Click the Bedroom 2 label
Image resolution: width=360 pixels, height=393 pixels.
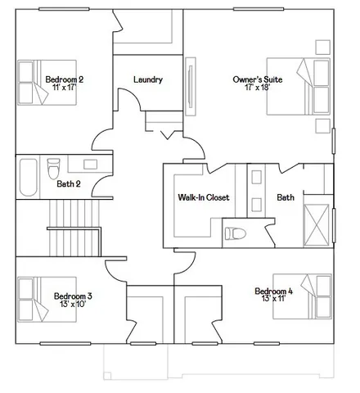pyautogui.click(x=64, y=79)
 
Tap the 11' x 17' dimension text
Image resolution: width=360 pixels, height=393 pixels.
pyautogui.click(x=64, y=87)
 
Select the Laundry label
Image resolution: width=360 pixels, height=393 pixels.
pyautogui.click(x=147, y=80)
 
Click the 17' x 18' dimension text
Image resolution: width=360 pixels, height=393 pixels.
pyautogui.click(x=256, y=88)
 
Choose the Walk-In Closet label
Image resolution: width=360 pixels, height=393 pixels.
pyautogui.click(x=203, y=198)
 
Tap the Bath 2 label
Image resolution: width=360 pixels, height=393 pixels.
pyautogui.click(x=69, y=184)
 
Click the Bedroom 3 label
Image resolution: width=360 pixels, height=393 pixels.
pyautogui.click(x=73, y=296)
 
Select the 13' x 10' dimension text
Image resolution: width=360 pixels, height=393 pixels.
pyautogui.click(x=73, y=304)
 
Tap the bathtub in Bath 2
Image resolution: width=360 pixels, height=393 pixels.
pyautogui.click(x=28, y=178)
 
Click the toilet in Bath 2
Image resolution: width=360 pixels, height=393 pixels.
pyautogui.click(x=54, y=168)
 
